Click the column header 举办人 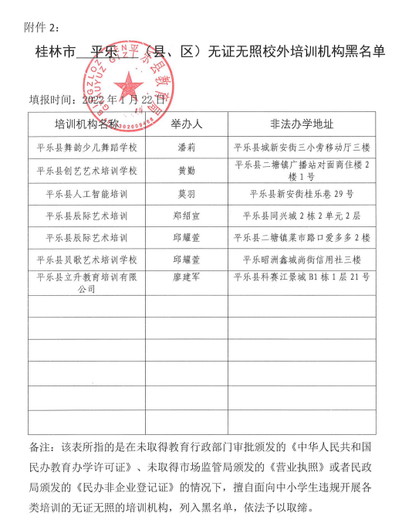(186, 124)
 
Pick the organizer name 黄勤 (186, 170)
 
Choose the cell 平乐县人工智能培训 (86, 193)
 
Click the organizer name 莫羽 (186, 193)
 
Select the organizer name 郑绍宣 (186, 216)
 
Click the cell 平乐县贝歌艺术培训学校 (86, 259)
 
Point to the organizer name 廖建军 (186, 276)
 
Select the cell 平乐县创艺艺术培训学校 (86, 170)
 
